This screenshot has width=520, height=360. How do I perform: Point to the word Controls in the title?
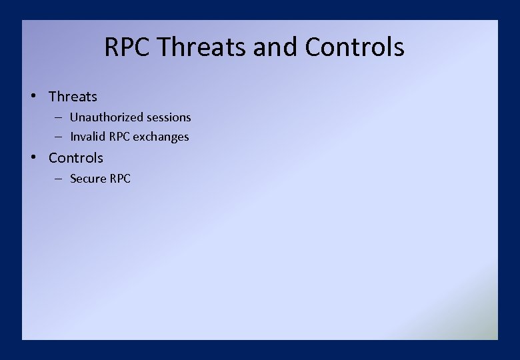coord(354,47)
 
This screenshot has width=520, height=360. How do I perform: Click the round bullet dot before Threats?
coord(33,96)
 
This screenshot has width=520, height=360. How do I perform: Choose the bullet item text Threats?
coord(73,97)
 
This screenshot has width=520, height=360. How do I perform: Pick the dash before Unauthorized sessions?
coord(59,117)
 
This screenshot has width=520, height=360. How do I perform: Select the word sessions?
coord(169,117)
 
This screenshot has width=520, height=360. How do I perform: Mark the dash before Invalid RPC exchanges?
coord(59,137)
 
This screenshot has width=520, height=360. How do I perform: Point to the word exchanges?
coord(161,137)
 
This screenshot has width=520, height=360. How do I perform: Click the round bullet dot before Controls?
coord(33,157)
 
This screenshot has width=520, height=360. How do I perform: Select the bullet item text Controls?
coord(76,158)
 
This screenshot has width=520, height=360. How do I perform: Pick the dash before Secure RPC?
coord(59,179)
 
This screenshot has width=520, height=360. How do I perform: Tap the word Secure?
coord(88,179)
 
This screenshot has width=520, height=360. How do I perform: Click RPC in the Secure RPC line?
coord(121,179)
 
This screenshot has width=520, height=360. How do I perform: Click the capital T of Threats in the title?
coord(165,47)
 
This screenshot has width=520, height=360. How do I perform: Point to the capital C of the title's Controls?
coord(312,47)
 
